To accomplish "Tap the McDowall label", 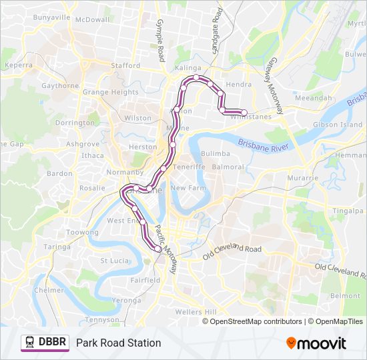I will pos(92,20).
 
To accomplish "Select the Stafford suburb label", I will pos(125,65).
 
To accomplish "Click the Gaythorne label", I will pos(60,86).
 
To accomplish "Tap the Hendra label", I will pos(239,85).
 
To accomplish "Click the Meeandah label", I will pos(313,97).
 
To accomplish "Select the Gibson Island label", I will pos(338,125).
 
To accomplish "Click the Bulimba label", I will pos(215,153).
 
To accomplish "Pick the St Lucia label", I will pos(113,260).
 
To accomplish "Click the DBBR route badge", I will pos(45,343).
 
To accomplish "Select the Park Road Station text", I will pos(118,343).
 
